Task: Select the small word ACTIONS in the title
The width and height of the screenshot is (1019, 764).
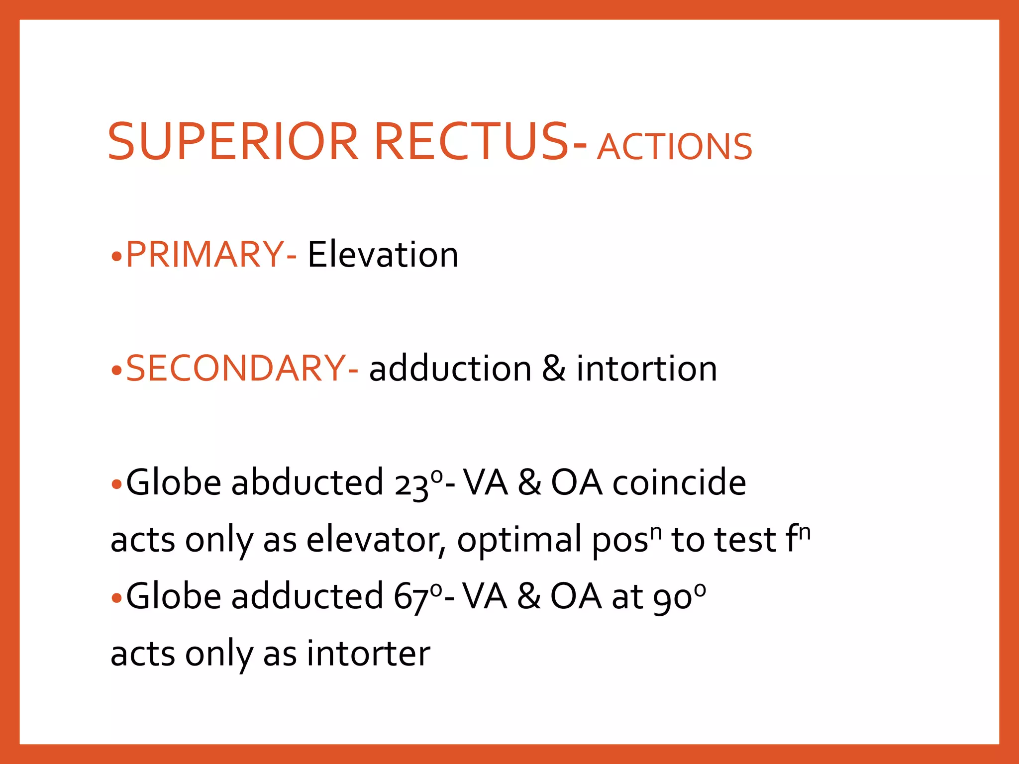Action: coord(675,147)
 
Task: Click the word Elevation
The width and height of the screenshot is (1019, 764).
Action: coord(383,255)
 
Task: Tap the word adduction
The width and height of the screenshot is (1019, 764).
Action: coord(450,369)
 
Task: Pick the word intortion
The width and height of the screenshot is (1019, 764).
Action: coord(647,369)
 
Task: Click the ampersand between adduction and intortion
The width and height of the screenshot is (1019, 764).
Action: coord(554,369)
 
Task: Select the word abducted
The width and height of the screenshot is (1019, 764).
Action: coord(307,482)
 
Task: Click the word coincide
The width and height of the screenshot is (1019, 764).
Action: coord(679,482)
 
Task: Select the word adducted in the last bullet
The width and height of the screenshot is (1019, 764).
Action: coord(307,596)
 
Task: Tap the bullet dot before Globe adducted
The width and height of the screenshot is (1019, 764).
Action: coord(116,598)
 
